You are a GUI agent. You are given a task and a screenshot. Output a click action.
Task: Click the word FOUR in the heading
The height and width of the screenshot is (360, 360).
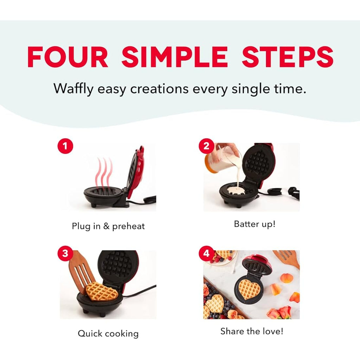[x=67, y=57]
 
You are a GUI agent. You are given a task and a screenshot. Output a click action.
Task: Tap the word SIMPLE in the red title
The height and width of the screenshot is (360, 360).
[x=175, y=57]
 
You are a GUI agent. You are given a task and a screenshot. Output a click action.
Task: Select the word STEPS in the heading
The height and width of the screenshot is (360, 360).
[x=288, y=57]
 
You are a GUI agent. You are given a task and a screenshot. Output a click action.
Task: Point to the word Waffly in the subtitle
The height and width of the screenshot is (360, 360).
[x=73, y=89]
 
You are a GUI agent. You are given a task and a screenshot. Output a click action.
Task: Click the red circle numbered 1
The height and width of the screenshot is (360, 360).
[x=65, y=146]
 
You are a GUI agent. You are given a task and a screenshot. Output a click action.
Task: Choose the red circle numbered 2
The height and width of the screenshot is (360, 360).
[x=206, y=146]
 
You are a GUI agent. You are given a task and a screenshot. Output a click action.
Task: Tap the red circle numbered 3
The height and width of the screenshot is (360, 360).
[x=65, y=253]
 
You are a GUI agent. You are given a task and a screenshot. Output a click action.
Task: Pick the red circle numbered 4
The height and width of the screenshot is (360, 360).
[x=206, y=253]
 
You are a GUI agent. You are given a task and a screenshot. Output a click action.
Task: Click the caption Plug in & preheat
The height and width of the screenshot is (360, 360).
[x=108, y=226]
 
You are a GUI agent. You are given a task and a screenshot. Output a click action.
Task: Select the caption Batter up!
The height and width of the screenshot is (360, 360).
[x=255, y=224]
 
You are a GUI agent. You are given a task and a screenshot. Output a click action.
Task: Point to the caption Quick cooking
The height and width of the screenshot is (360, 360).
[x=108, y=334]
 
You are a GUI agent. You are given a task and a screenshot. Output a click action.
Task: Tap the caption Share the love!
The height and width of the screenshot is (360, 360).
[x=252, y=331]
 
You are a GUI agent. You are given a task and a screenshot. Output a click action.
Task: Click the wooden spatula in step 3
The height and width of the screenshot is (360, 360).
[x=82, y=272]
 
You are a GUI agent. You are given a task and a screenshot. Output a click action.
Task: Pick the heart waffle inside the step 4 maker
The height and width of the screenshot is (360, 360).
[x=249, y=289]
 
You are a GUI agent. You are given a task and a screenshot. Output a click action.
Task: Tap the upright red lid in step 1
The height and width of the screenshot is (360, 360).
[x=135, y=172]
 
